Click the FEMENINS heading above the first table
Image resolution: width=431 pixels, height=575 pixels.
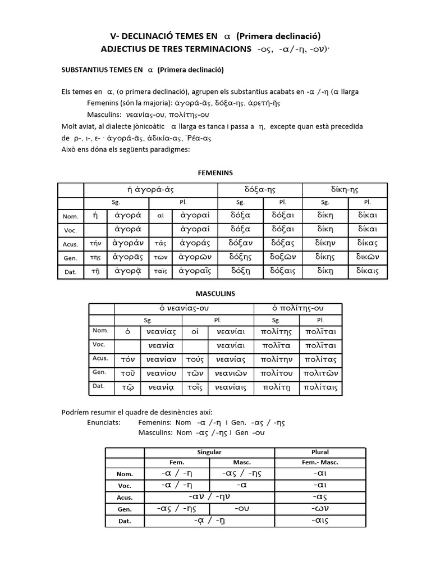tap(215, 172)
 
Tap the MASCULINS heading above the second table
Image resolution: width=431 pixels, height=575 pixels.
tap(215, 294)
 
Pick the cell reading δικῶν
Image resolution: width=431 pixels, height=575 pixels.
tap(367, 257)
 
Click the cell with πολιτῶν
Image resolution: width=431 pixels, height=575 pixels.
tap(320, 373)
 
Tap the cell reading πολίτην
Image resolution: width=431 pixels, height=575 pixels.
tap(276, 359)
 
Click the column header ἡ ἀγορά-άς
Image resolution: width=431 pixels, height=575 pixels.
tap(150, 190)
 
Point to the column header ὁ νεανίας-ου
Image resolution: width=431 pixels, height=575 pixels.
tap(184, 309)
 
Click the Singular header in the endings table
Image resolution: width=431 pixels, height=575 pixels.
tap(209, 452)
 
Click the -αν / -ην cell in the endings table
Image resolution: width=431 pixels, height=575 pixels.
tap(209, 496)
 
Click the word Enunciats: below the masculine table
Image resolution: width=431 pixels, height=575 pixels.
tap(104, 422)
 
